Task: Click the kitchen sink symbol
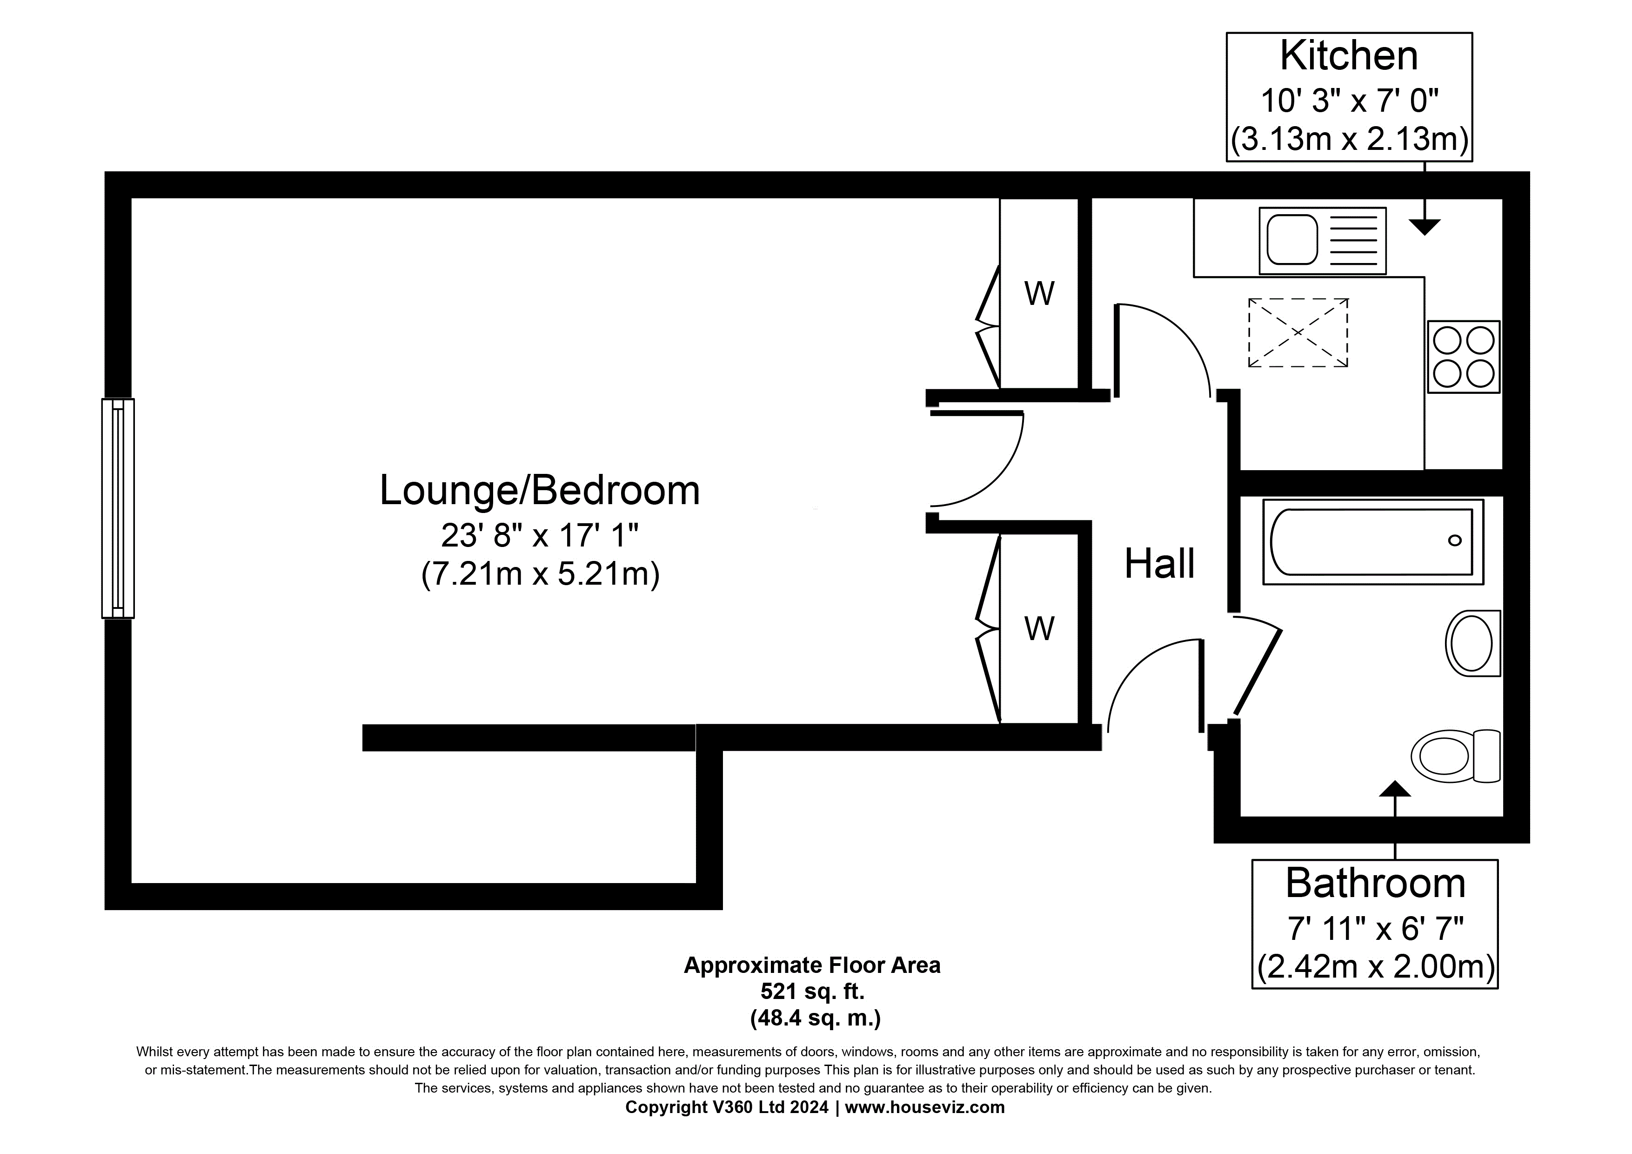point(1322,240)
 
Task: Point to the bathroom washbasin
point(1473,643)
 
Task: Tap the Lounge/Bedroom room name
point(540,490)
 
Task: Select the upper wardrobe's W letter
point(1039,293)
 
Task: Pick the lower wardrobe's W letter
point(1039,628)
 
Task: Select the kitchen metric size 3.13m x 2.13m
point(1349,139)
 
